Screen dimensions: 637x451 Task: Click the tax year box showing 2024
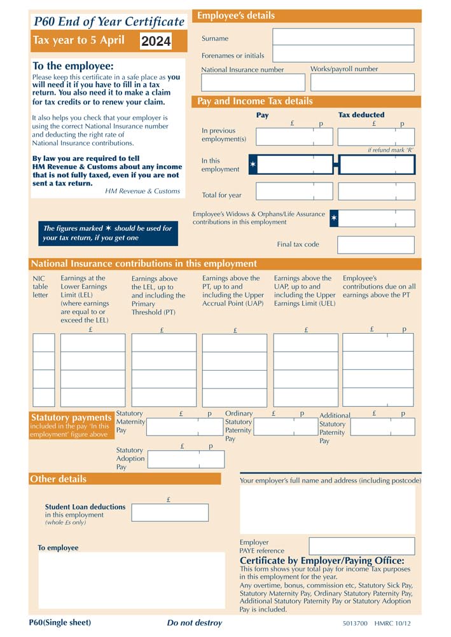click(156, 41)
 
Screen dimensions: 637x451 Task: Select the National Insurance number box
click(252, 83)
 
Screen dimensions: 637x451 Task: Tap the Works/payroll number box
click(362, 83)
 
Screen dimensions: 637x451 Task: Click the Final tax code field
click(375, 245)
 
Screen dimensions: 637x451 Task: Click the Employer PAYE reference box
click(361, 546)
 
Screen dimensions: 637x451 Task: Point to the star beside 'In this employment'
click(253, 165)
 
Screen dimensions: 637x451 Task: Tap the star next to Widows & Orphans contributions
click(335, 219)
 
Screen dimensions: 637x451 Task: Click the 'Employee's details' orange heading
click(237, 16)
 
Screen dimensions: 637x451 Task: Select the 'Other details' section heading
click(59, 479)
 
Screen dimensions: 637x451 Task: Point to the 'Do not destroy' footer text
click(195, 623)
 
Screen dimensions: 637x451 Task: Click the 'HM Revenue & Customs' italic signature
click(142, 191)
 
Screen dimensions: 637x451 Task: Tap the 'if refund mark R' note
click(391, 150)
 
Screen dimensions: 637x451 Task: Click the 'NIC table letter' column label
click(40, 287)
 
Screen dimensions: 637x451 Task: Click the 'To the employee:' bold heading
click(73, 66)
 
